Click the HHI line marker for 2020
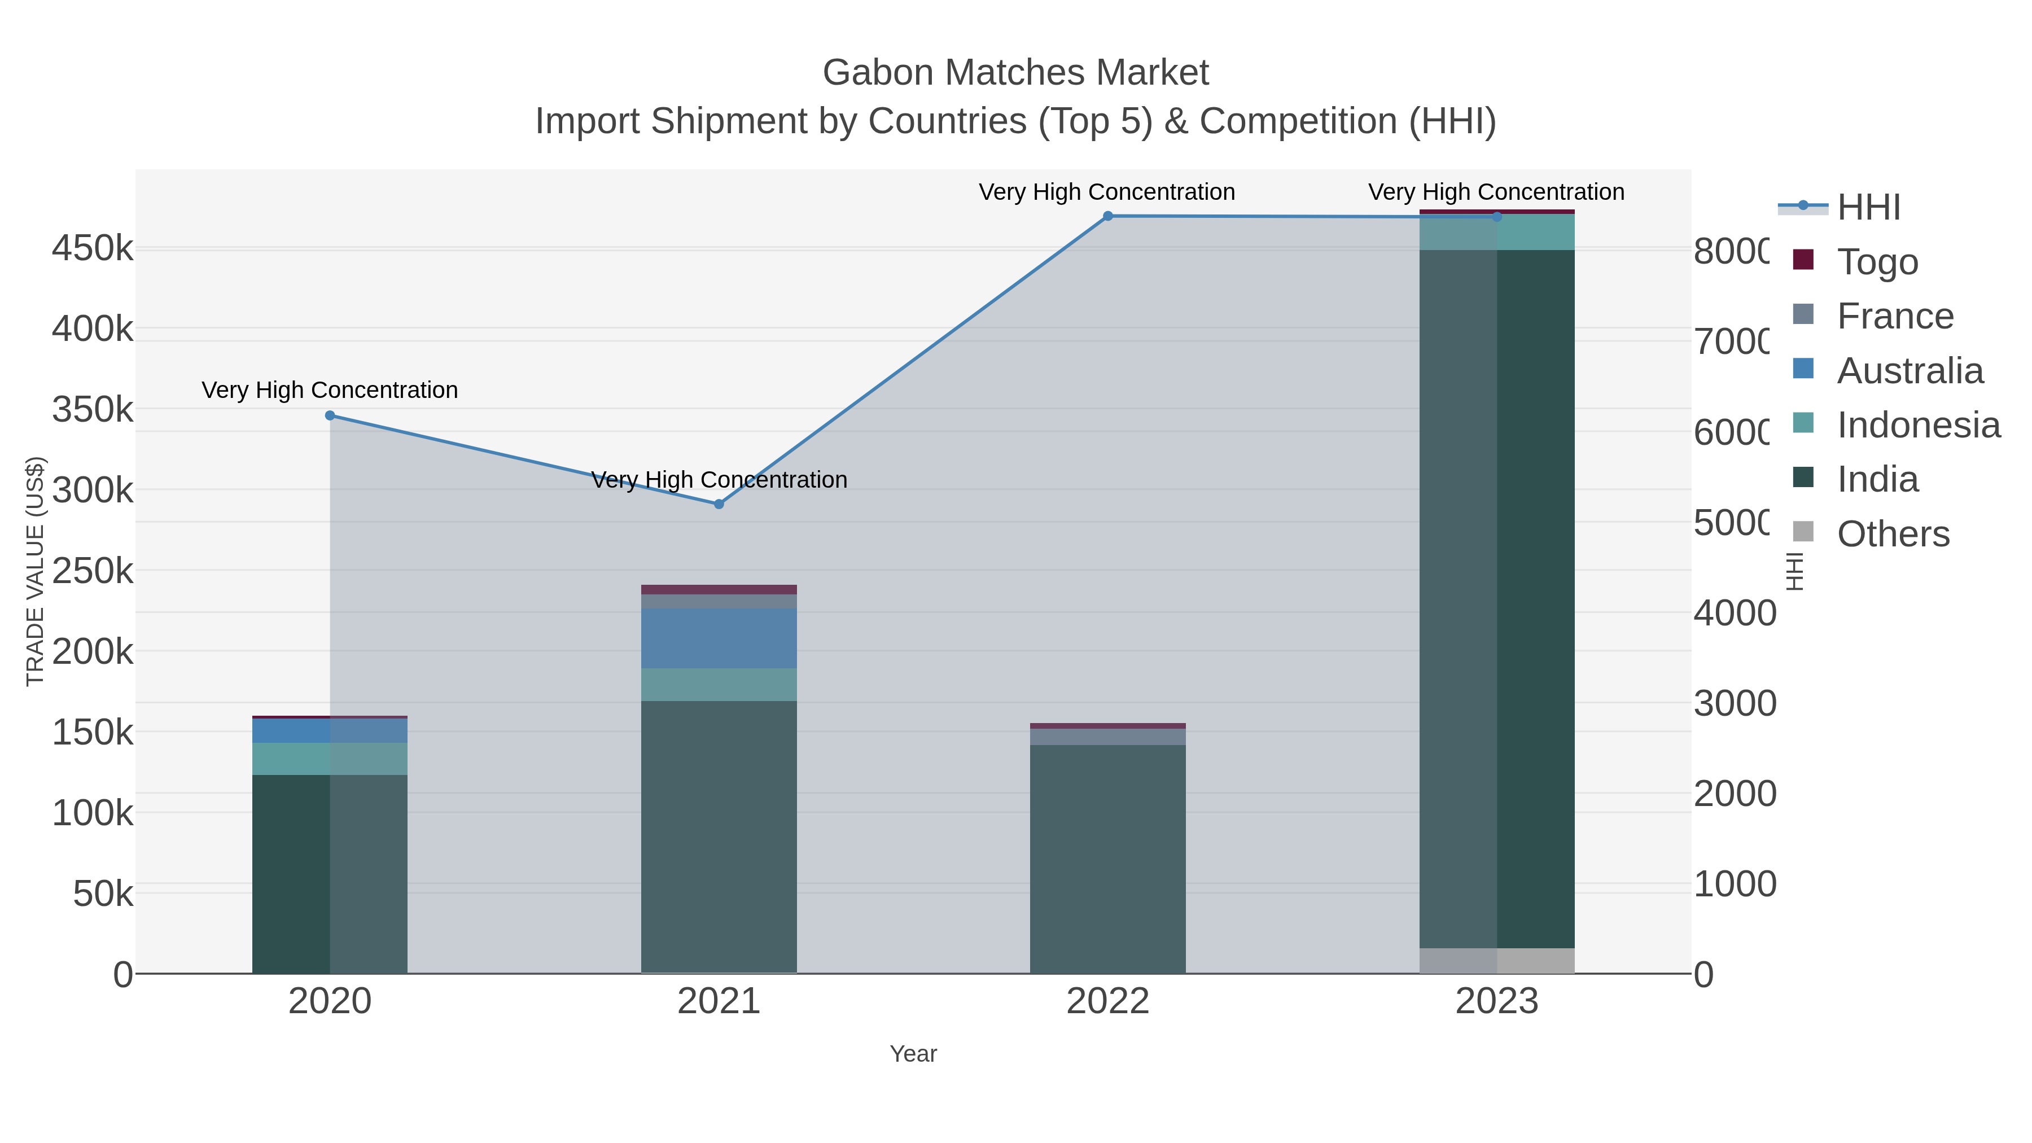(330, 415)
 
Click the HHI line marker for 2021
(719, 504)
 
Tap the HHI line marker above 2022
(1107, 216)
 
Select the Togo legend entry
(1877, 262)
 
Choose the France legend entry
(1895, 316)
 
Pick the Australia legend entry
(1909, 371)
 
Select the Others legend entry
(1893, 534)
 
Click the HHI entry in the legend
(1868, 208)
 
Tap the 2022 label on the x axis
(1107, 1002)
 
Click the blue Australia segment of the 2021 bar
(719, 638)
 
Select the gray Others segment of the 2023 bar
(1496, 961)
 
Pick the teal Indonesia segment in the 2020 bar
(330, 759)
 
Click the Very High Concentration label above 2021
(719, 480)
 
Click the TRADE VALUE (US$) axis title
(36, 571)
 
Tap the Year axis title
(913, 1054)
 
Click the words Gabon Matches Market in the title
(1015, 73)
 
